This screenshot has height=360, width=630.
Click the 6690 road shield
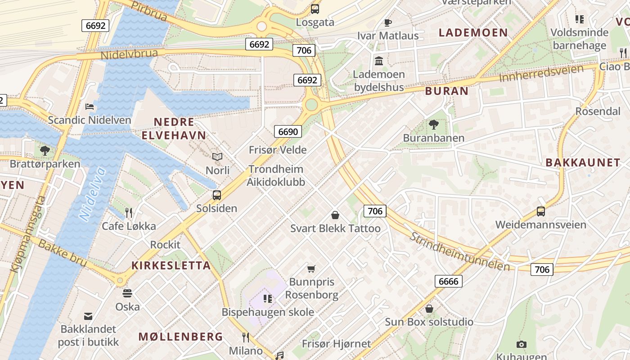point(288,131)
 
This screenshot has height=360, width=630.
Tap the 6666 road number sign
point(448,281)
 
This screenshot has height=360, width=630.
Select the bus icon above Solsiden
point(217,195)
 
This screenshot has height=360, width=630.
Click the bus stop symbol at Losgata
point(315,9)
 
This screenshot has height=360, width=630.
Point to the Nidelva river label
point(93,193)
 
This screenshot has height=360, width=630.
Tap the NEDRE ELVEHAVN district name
point(174,128)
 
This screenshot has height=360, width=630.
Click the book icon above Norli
point(217,157)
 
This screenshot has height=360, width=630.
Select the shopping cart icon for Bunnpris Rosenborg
point(311,269)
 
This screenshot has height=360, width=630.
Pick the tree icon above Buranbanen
point(434,124)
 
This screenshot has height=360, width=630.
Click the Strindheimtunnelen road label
point(460,251)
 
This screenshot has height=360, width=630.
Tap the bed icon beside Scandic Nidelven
point(90,107)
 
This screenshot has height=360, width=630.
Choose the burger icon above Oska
point(127,293)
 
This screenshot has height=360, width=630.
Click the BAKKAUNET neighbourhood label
point(583,162)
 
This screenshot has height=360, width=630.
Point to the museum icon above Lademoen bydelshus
point(379,61)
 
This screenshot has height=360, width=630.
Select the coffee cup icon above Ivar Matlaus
point(387,22)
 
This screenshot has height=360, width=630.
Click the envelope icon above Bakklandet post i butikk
point(88,316)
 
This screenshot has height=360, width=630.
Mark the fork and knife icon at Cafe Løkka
point(129,212)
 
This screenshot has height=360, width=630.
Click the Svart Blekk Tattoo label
point(335,228)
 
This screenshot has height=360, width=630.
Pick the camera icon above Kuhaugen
point(521,344)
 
